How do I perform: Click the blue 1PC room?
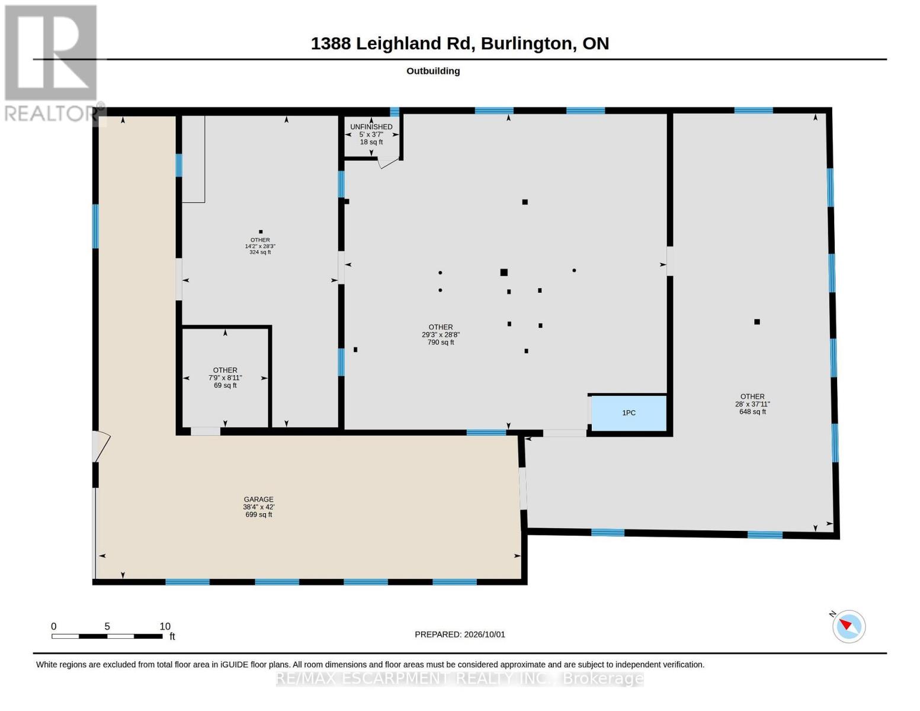point(629,413)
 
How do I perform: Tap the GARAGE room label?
point(258,499)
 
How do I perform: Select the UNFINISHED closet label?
point(371,127)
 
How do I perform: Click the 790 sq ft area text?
point(440,342)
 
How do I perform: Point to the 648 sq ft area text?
point(752,412)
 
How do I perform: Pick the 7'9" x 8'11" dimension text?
point(225,378)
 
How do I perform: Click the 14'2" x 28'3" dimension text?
point(260,246)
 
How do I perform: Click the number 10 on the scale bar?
point(165,626)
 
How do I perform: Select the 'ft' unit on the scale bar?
point(172,636)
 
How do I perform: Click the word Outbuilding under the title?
point(432,71)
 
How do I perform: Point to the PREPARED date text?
point(459,635)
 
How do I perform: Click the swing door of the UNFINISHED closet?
point(388,162)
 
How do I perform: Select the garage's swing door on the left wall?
point(101,446)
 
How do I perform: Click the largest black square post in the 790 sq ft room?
point(504,273)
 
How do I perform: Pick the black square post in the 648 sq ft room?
point(756,322)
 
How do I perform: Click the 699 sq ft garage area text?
point(258,514)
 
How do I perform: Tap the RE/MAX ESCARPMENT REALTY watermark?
point(459,678)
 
